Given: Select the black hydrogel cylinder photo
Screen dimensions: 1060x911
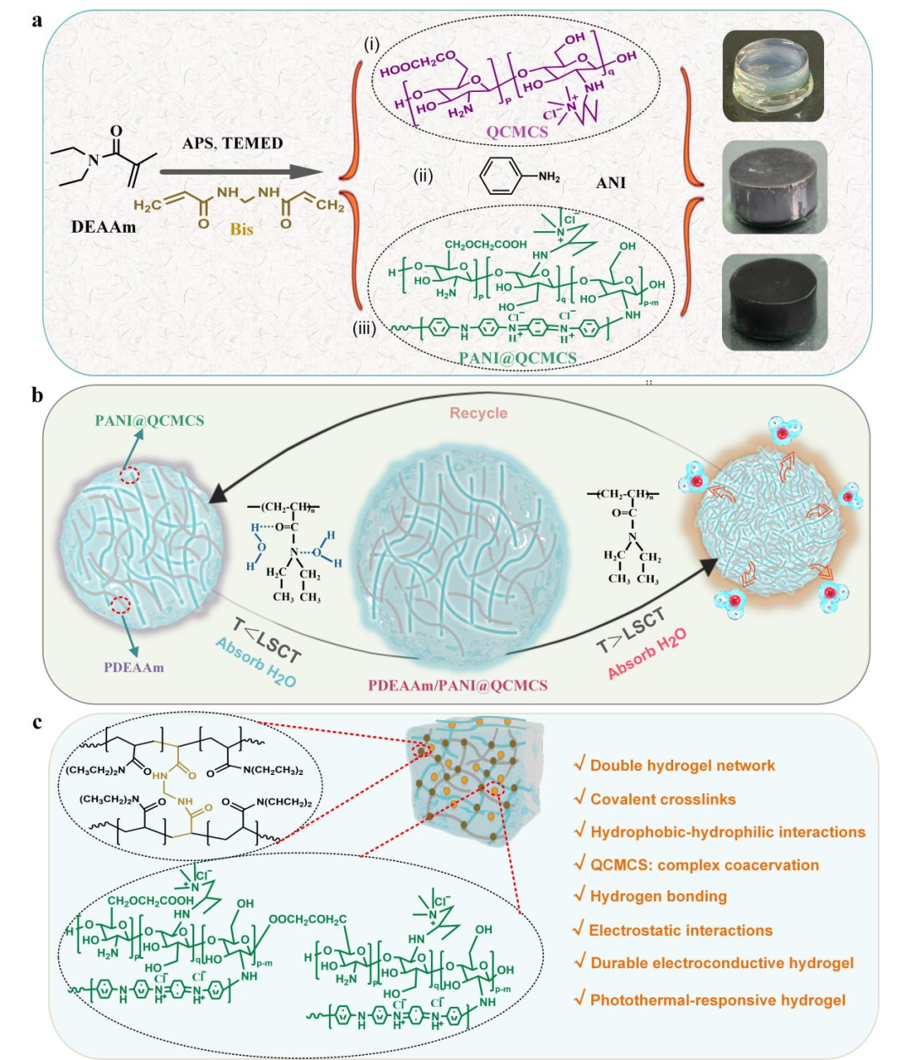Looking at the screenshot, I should (x=774, y=300).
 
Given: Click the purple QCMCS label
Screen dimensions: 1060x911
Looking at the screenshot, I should (x=517, y=132).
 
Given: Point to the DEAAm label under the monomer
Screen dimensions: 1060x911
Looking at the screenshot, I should (x=103, y=227).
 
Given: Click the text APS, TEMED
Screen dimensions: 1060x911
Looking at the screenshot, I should (x=233, y=143).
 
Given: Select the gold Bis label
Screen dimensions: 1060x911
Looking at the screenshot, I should (x=241, y=229).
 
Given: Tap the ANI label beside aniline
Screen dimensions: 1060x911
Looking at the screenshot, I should (x=611, y=182).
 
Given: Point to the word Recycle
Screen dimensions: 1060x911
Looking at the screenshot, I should (x=478, y=413).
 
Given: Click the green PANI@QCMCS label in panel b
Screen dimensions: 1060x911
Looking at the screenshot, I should (x=149, y=420).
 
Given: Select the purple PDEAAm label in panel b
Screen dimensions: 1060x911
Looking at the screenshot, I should (x=134, y=667).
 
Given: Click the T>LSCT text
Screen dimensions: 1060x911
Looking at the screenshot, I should (x=631, y=630).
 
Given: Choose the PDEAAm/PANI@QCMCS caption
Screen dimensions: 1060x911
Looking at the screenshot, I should (x=457, y=685).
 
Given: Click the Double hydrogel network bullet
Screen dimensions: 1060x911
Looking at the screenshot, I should (x=682, y=766).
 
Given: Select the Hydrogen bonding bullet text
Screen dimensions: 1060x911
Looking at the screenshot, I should (x=658, y=896).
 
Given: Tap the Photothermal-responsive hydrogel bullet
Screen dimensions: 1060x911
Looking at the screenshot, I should (x=717, y=1000).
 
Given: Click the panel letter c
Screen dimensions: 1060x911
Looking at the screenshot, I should (x=37, y=722).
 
